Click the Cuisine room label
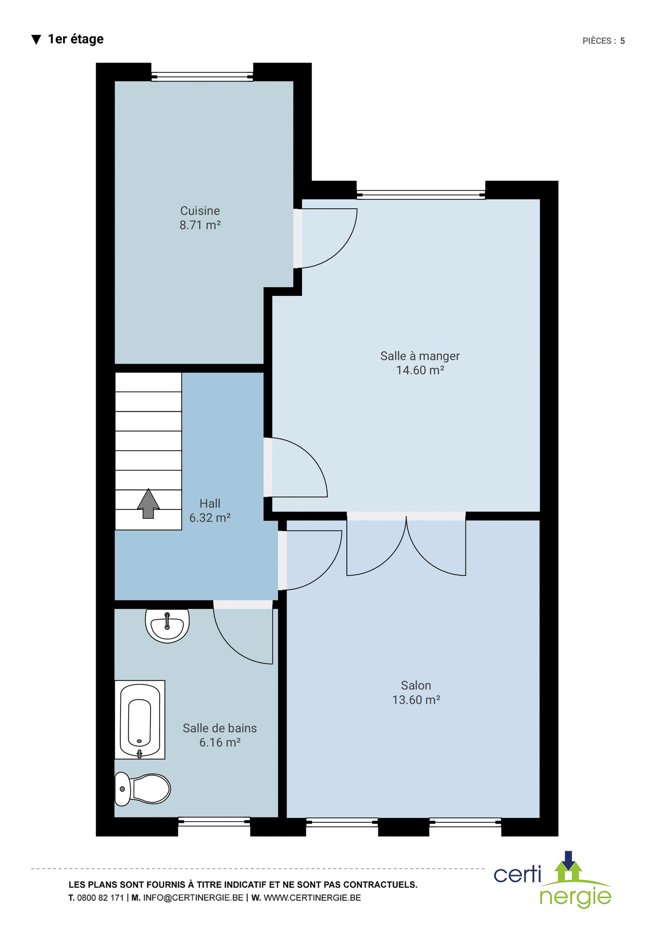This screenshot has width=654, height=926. [200, 210]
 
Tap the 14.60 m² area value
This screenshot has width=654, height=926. [420, 370]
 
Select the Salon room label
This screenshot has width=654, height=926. [416, 685]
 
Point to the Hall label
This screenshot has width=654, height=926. [210, 503]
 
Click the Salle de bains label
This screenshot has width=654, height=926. [219, 728]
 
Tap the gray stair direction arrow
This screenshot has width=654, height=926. [148, 503]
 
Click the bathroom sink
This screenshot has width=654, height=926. [167, 625]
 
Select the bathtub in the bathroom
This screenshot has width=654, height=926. [140, 720]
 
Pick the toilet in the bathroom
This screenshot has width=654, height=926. [142, 789]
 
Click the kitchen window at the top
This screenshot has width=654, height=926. [202, 77]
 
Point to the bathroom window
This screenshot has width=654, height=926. [214, 821]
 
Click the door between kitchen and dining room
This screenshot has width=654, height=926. [325, 238]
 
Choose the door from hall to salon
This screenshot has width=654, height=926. [310, 560]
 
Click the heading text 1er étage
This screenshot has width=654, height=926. [75, 39]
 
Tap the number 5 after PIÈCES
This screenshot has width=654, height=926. [622, 41]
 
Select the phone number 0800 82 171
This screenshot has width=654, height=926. [100, 898]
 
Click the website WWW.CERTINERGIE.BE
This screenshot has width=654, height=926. [312, 898]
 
